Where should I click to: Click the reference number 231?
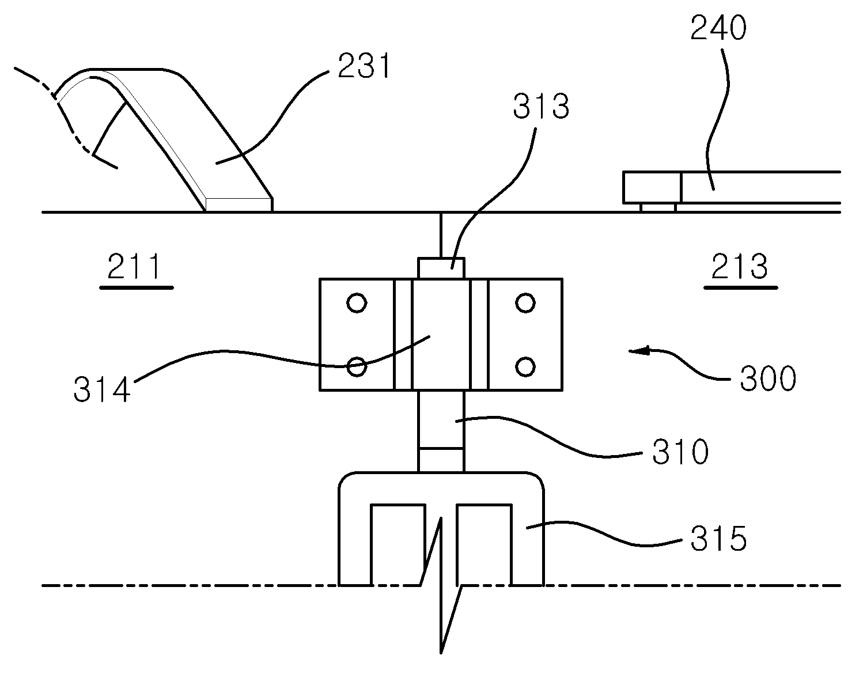[365, 66]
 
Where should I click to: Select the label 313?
[541, 107]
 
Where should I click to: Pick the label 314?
[102, 389]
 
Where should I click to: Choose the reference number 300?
[768, 378]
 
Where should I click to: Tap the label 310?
[681, 452]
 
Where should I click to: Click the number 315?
[719, 538]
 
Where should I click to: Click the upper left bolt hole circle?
[357, 303]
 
